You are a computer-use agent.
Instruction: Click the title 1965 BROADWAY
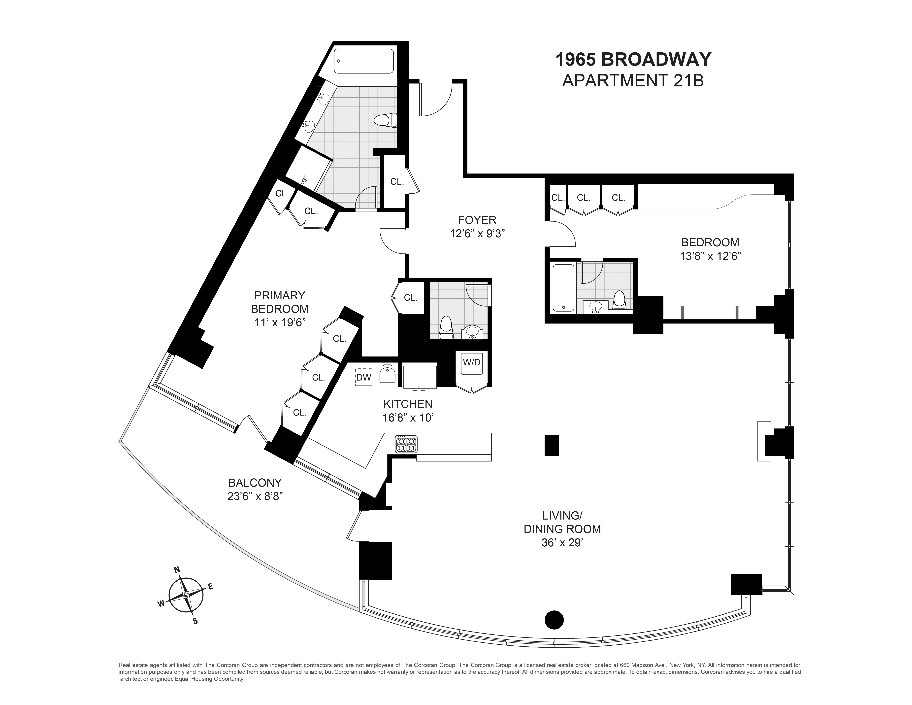(x=633, y=60)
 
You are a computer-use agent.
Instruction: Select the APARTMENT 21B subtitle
(x=633, y=81)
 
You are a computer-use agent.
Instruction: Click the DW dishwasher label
(x=363, y=378)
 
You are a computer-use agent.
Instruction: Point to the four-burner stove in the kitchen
(x=406, y=444)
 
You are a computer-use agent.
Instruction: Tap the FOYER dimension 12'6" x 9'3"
(x=477, y=233)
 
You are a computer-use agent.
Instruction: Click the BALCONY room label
(x=255, y=483)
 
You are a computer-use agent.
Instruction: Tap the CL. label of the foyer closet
(x=397, y=182)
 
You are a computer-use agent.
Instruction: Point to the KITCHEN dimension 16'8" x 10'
(x=408, y=417)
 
